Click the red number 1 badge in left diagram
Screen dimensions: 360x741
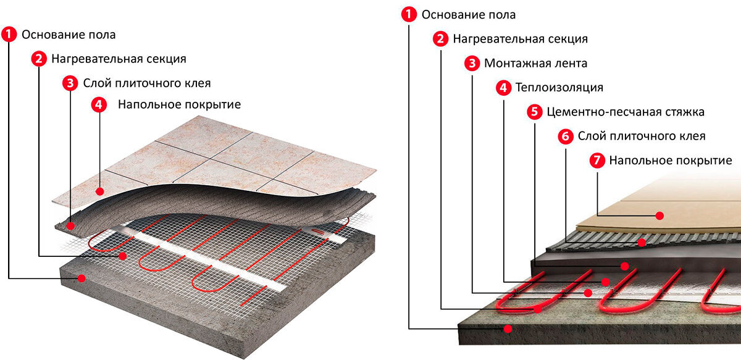[9, 35]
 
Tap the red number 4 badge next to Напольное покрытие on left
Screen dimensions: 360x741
[99, 104]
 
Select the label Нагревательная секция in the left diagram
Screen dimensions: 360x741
[119, 59]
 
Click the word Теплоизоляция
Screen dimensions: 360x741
[559, 88]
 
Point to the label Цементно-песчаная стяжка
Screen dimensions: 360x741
[626, 112]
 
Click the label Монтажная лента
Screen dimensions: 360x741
[535, 64]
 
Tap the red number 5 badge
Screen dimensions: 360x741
[534, 112]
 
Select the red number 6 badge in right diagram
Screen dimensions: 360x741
[564, 136]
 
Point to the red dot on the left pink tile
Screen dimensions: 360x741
[99, 191]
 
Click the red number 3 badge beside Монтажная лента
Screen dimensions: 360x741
[471, 64]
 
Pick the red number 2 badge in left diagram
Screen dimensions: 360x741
[38, 59]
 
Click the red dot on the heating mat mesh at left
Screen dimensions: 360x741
[123, 255]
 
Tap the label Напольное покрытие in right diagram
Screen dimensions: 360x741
[670, 161]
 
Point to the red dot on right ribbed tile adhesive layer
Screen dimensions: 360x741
[642, 243]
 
